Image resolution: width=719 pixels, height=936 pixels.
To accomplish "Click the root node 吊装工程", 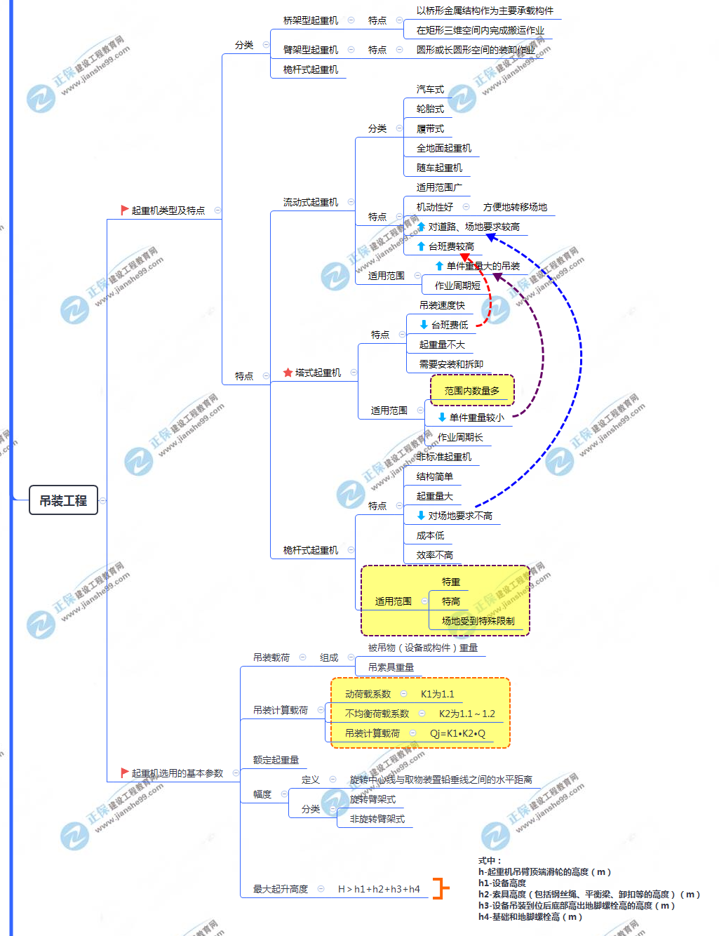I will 63,500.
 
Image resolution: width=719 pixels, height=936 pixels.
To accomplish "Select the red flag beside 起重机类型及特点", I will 124,210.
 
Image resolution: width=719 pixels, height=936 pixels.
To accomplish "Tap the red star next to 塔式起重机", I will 288,373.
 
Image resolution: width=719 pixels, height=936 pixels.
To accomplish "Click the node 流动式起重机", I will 311,202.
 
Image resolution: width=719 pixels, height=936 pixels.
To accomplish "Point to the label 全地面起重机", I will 443,148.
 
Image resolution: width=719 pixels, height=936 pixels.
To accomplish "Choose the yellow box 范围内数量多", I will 472,391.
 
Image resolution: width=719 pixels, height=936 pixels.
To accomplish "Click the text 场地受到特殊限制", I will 478,621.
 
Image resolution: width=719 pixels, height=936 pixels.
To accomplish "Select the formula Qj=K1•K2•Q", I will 457,733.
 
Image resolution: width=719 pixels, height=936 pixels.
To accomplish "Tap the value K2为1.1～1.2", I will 466,714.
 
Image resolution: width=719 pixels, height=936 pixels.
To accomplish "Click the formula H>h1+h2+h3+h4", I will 379,889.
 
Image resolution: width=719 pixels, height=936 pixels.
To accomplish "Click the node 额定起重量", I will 276,760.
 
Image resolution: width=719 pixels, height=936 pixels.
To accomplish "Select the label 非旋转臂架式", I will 377,819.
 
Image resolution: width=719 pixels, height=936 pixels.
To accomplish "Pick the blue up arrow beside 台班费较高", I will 421,246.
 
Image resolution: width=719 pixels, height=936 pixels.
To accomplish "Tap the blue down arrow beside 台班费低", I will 424,325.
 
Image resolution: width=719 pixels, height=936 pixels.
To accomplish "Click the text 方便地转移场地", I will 515,207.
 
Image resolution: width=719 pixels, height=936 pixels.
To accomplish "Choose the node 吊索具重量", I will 391,667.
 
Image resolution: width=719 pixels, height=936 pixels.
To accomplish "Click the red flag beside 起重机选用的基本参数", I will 124,773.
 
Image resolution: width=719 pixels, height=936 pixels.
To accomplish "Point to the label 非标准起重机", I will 443,457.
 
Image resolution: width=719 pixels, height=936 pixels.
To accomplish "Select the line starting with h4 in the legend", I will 530,916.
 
